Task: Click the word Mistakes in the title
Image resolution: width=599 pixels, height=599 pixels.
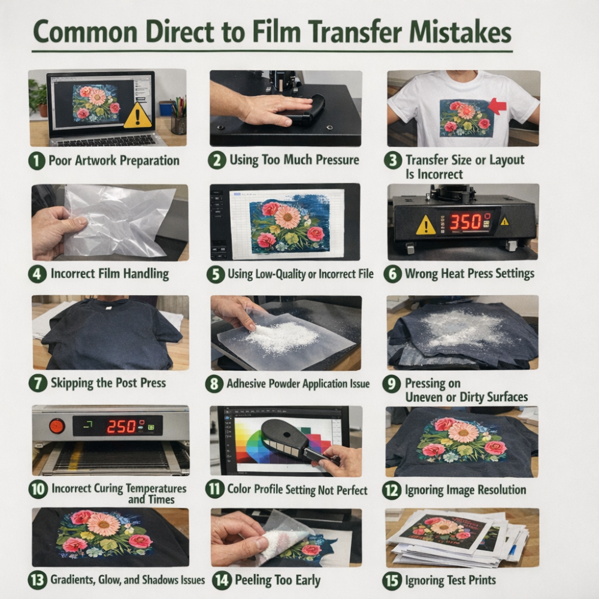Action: pos(460,32)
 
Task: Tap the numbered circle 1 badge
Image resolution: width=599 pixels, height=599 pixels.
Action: pos(37,161)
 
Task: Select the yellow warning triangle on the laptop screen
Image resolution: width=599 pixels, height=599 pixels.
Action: pos(138,115)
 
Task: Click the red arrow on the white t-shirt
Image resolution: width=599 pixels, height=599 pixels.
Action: pos(497,105)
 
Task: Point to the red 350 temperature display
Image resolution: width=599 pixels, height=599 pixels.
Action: pos(465,222)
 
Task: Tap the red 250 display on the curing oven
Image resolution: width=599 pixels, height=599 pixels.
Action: pos(121,426)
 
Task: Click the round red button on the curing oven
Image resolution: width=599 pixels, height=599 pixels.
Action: pos(56,425)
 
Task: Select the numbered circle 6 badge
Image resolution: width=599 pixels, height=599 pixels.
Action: pos(392,274)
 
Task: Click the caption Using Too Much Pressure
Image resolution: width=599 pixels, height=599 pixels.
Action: pos(294,160)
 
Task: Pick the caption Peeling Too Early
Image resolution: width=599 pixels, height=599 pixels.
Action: pos(277,580)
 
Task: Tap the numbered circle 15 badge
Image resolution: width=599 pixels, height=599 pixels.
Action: pos(392,580)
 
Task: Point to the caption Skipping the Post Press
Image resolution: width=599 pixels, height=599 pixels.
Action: pos(108,383)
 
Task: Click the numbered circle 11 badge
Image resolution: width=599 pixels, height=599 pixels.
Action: pos(214,489)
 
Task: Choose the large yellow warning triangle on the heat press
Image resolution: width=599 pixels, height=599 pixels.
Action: pos(425,225)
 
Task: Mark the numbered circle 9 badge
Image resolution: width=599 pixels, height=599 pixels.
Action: pos(391,383)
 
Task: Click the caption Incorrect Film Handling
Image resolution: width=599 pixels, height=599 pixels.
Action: pos(110,274)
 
